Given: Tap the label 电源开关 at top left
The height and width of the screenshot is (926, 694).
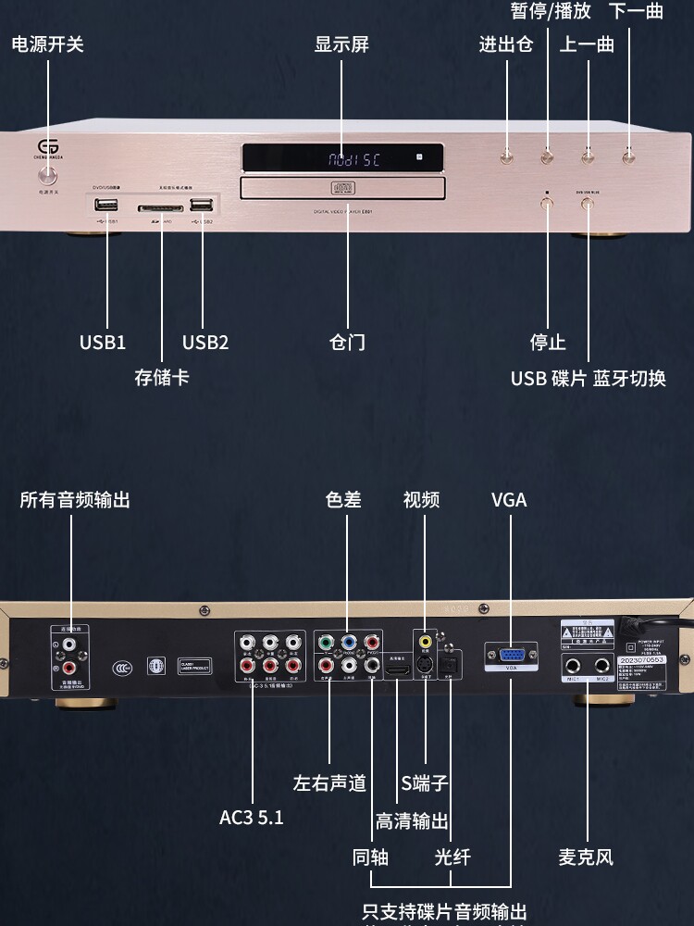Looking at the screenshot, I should [47, 44].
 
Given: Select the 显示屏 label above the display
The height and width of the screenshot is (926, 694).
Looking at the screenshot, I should [341, 44].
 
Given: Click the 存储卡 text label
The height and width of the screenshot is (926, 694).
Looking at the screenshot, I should [161, 377].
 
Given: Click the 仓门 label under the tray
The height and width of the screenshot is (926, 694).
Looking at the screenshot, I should [347, 342].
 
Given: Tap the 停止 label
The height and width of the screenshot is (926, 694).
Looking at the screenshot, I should [547, 342].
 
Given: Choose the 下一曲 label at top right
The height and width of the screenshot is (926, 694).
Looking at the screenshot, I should [636, 12].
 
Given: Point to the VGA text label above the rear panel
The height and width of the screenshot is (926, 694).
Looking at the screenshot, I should [509, 500].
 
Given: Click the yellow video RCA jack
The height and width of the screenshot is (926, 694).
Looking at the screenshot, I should [425, 641].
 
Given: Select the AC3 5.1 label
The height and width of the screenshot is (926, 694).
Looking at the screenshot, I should [252, 818].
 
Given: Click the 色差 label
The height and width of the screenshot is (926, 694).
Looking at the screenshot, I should [343, 500].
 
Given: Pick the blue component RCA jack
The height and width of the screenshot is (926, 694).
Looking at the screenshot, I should [348, 642].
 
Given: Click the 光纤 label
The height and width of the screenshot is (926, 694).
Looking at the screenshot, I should [452, 857].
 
